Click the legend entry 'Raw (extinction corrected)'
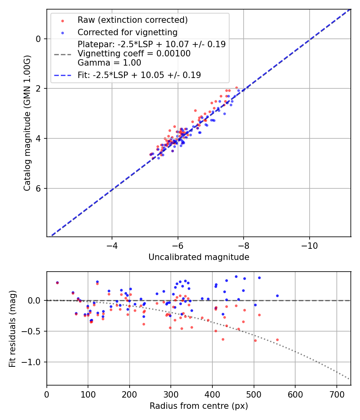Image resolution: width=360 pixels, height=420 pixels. pos(132,20)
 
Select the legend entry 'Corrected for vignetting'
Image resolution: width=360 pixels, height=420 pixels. pos(127,32)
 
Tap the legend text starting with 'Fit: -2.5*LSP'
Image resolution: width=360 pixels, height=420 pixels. pos(139,75)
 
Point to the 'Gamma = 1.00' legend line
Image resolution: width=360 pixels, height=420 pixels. pos(109,63)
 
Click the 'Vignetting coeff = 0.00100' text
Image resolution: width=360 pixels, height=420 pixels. pos(134,54)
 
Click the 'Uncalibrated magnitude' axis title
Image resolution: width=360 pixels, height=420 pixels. pos(199,257)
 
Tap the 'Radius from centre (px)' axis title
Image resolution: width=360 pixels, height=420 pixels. pos(199,406)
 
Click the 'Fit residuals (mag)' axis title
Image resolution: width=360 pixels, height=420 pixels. pos(12,329)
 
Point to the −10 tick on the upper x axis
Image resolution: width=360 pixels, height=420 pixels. pos(309,244)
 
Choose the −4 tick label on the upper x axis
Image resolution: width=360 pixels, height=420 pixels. pos(112,244)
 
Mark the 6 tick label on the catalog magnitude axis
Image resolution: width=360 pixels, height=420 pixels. pos(38,188)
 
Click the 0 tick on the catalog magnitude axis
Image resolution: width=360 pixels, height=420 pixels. pos(38,39)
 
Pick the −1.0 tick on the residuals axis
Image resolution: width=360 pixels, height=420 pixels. pos(33,362)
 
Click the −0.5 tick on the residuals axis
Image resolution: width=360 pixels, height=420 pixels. pos(33,331)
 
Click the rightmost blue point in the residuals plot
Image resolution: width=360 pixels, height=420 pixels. pos(277,296)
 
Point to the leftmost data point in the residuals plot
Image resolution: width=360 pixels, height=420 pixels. pos(57,282)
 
